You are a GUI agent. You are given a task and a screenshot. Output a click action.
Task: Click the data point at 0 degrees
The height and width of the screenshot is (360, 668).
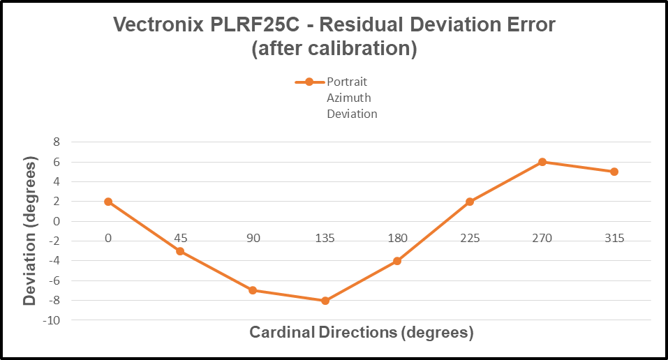(x=108, y=202)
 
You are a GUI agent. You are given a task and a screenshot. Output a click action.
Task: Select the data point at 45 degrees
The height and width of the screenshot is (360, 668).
(x=180, y=251)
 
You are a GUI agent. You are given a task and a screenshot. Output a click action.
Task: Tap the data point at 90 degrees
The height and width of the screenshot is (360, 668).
(x=253, y=290)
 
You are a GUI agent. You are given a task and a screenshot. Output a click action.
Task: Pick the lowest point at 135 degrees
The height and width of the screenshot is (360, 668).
(x=325, y=301)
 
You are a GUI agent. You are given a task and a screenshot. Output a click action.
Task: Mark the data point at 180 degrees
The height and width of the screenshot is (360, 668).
(x=397, y=261)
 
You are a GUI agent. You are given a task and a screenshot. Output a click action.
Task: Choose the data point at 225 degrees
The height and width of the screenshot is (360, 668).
(x=470, y=202)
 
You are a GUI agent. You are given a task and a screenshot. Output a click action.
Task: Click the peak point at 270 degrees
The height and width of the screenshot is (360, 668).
(x=542, y=162)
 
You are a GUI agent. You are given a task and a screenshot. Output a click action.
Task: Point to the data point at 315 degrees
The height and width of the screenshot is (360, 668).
(x=614, y=172)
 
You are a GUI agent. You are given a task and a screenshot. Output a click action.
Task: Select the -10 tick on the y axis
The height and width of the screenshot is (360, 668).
(x=52, y=320)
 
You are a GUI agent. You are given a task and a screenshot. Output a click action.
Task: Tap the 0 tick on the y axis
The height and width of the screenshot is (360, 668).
(x=57, y=221)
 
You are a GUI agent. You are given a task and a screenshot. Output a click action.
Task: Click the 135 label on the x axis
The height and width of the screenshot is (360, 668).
(x=325, y=238)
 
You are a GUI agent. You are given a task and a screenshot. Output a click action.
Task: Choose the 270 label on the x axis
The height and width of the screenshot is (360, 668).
(x=542, y=238)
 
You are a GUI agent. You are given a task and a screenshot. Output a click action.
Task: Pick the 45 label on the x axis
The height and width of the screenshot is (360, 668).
(x=180, y=238)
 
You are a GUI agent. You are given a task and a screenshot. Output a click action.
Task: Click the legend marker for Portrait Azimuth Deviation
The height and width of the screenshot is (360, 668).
(x=309, y=82)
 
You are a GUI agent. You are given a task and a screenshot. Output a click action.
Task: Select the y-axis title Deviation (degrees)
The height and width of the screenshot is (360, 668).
(x=29, y=231)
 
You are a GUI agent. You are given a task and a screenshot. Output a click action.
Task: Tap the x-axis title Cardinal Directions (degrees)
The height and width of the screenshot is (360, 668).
(x=362, y=332)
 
